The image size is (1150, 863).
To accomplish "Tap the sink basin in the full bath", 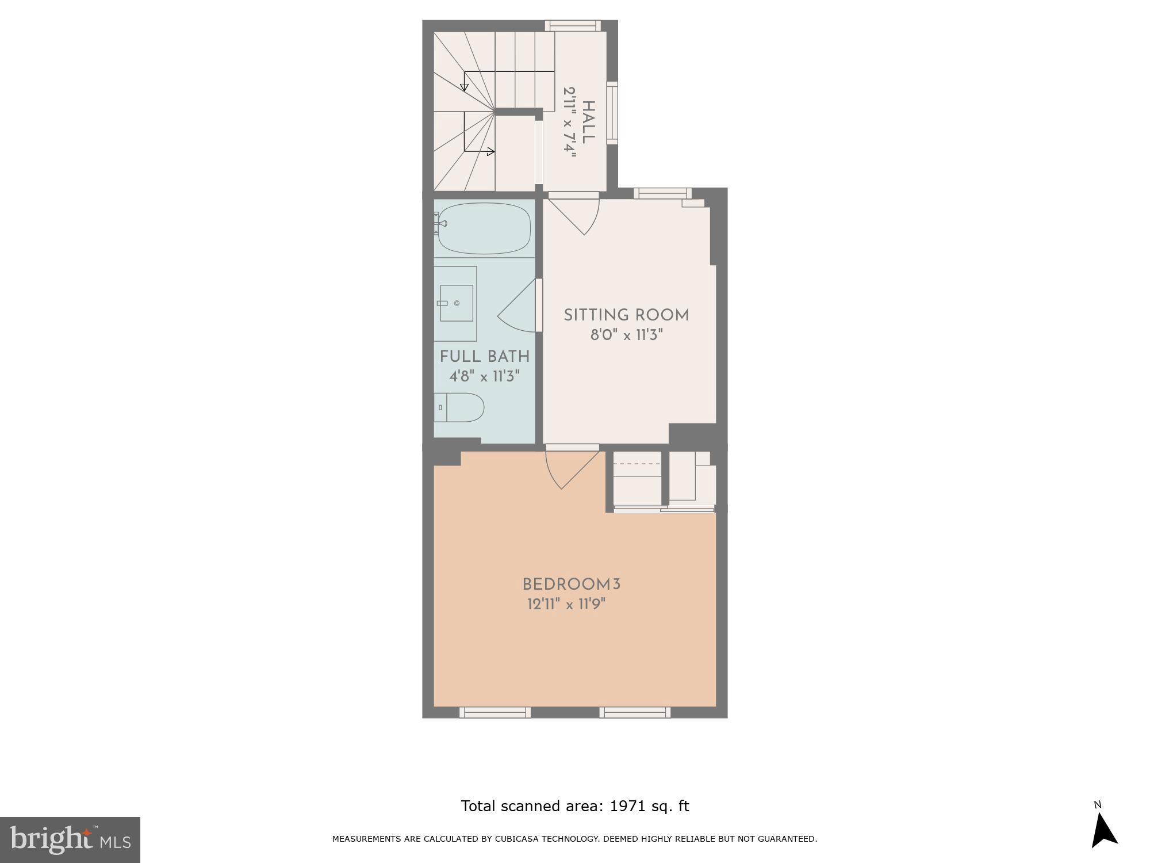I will coord(457,303).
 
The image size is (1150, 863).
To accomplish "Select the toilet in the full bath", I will coord(460,407).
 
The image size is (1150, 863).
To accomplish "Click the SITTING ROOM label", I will coord(626,315).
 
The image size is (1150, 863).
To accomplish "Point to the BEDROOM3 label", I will coord(571,585).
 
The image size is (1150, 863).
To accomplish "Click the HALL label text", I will coord(588,122).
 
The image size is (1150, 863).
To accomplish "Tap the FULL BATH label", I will coord(484,357).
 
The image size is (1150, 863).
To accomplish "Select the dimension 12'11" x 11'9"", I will coord(567,605).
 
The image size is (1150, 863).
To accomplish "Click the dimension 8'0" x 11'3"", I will coord(627,335).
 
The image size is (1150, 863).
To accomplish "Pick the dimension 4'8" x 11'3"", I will coord(484,376).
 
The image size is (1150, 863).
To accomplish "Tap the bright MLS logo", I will coord(70,840).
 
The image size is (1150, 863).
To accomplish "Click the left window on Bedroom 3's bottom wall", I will coord(494,712).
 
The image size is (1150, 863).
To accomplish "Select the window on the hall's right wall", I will coord(612,113).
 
